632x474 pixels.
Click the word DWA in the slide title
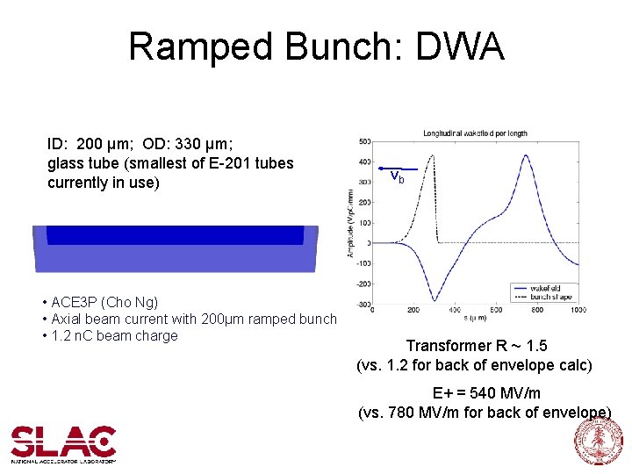(x=461, y=47)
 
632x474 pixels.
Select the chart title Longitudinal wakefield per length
(x=475, y=133)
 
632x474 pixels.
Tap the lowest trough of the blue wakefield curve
(x=434, y=300)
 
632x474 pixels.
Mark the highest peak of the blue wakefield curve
(x=526, y=155)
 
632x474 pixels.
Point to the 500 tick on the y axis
(x=363, y=140)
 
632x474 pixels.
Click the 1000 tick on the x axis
(x=578, y=310)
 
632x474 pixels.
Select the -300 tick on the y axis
(x=362, y=304)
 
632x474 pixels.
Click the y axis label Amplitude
(x=351, y=225)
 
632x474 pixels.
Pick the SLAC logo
(x=63, y=443)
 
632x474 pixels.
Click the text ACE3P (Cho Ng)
(x=103, y=302)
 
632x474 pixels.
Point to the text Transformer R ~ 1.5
(x=476, y=346)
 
